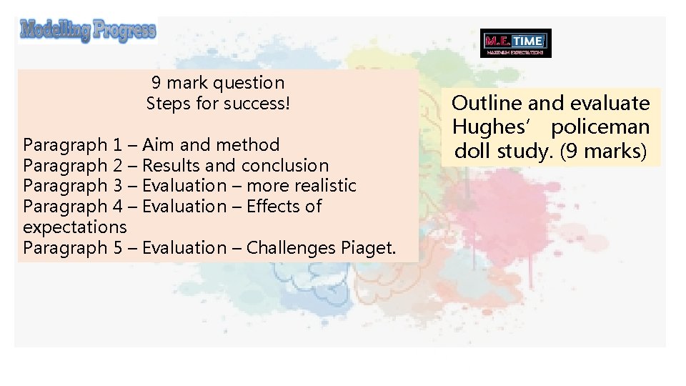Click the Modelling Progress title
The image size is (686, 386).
(87, 31)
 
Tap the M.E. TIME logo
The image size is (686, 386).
(516, 43)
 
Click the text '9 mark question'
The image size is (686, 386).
(218, 83)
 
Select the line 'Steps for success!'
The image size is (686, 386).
(218, 104)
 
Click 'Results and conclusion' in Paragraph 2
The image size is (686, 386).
(236, 166)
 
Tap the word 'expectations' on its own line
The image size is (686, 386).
(74, 227)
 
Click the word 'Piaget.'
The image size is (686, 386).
(368, 248)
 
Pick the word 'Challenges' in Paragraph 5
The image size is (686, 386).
(291, 248)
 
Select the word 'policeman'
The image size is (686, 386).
(600, 128)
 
